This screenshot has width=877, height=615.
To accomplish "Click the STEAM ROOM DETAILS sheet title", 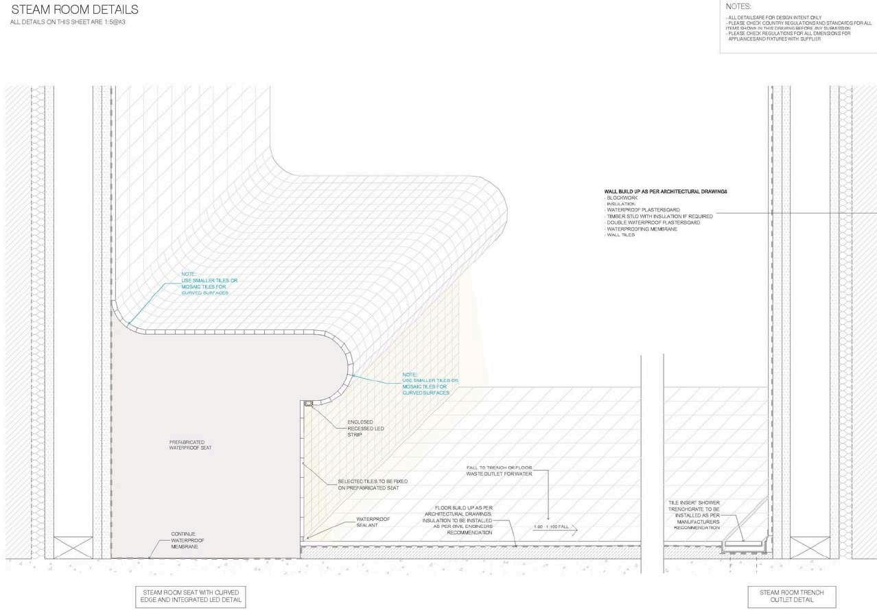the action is (x=75, y=10).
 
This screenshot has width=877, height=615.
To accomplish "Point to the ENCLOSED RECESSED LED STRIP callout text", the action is (x=365, y=428).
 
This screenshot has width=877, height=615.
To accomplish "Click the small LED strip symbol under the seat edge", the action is (x=308, y=404).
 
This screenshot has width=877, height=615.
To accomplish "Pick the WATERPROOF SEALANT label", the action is (x=373, y=522).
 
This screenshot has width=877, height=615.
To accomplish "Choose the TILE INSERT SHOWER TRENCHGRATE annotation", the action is (x=697, y=515).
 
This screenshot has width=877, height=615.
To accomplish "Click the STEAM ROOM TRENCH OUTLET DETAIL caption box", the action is (x=795, y=595).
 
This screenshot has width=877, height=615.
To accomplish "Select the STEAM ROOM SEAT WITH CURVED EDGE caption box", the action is (x=190, y=596).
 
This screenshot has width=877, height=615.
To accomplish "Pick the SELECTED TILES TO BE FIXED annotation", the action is (x=368, y=484).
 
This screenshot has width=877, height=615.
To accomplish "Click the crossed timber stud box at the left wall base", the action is (x=73, y=547).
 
